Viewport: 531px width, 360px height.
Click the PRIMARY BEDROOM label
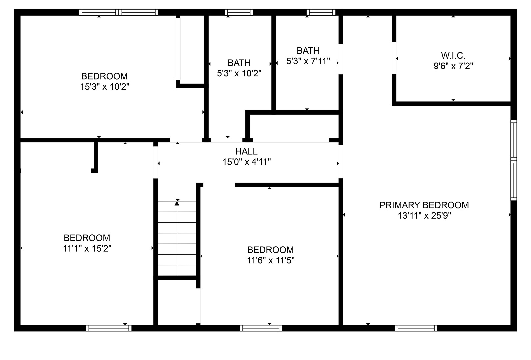(424, 205)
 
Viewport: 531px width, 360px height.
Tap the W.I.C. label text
(453, 56)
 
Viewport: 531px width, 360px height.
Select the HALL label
(246, 151)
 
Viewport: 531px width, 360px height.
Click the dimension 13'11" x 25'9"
(424, 216)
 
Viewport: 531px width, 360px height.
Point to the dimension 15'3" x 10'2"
(105, 87)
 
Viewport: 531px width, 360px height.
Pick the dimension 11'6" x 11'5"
(271, 260)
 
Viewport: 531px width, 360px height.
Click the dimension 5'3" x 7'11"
(308, 61)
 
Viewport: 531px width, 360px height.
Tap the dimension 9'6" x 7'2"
(453, 66)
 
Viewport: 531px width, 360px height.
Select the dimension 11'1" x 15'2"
(87, 249)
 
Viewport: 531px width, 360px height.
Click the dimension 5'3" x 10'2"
(239, 73)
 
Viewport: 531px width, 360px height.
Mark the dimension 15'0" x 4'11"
(247, 162)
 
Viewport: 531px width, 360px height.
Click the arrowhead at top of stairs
(177, 203)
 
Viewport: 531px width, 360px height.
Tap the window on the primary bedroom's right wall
(513, 160)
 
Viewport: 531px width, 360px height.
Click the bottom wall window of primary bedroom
(416, 328)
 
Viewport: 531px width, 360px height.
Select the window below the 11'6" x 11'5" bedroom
(261, 328)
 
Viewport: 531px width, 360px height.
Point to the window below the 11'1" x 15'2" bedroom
(109, 328)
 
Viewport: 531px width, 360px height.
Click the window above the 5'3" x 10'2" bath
(239, 12)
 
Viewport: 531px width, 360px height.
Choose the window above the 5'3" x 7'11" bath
(321, 12)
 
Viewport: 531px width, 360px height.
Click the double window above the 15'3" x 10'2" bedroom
(119, 12)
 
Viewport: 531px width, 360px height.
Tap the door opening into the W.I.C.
(394, 58)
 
